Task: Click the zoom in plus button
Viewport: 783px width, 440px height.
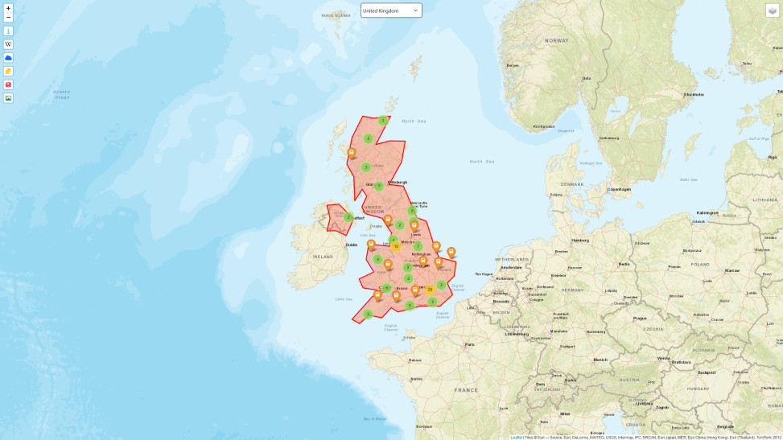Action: (x=8, y=8)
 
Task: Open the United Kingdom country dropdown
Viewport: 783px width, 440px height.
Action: (x=391, y=10)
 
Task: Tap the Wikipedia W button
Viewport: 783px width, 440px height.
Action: (x=8, y=44)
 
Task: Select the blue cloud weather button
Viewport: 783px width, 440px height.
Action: (x=8, y=58)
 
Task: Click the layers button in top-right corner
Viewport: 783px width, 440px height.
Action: (x=772, y=10)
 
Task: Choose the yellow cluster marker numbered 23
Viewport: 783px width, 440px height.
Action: (x=430, y=289)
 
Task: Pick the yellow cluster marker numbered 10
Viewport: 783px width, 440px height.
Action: (x=396, y=246)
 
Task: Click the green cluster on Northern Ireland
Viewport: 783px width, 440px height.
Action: (x=348, y=217)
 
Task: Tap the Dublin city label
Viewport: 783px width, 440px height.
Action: (x=352, y=245)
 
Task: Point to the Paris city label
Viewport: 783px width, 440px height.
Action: (x=469, y=344)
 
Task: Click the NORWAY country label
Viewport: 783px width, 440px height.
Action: (x=556, y=40)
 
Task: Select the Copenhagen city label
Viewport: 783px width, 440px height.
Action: (x=620, y=189)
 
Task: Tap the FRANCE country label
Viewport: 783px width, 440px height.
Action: (x=465, y=390)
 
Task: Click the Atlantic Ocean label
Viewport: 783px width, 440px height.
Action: (x=62, y=94)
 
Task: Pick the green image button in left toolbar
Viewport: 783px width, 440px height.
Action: (x=8, y=98)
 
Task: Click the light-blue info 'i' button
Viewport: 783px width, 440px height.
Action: (x=8, y=31)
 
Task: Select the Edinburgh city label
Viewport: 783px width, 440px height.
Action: (x=398, y=182)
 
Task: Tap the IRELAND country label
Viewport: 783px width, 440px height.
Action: (x=323, y=257)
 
